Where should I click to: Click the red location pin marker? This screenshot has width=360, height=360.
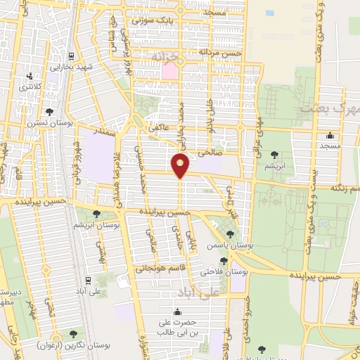click(x=181, y=165)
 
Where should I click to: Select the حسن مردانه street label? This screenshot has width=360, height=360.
click(x=219, y=53)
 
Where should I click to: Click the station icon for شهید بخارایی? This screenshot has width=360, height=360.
click(x=70, y=56)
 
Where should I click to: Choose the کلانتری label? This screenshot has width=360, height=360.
click(x=30, y=86)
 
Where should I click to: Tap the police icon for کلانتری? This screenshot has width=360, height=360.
click(x=30, y=76)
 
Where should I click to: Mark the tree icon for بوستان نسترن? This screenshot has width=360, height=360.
click(x=49, y=111)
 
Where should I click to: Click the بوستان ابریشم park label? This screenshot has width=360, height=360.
click(x=97, y=225)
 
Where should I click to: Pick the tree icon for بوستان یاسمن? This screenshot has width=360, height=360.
click(x=231, y=233)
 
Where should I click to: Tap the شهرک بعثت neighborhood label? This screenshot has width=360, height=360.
click(x=329, y=109)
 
